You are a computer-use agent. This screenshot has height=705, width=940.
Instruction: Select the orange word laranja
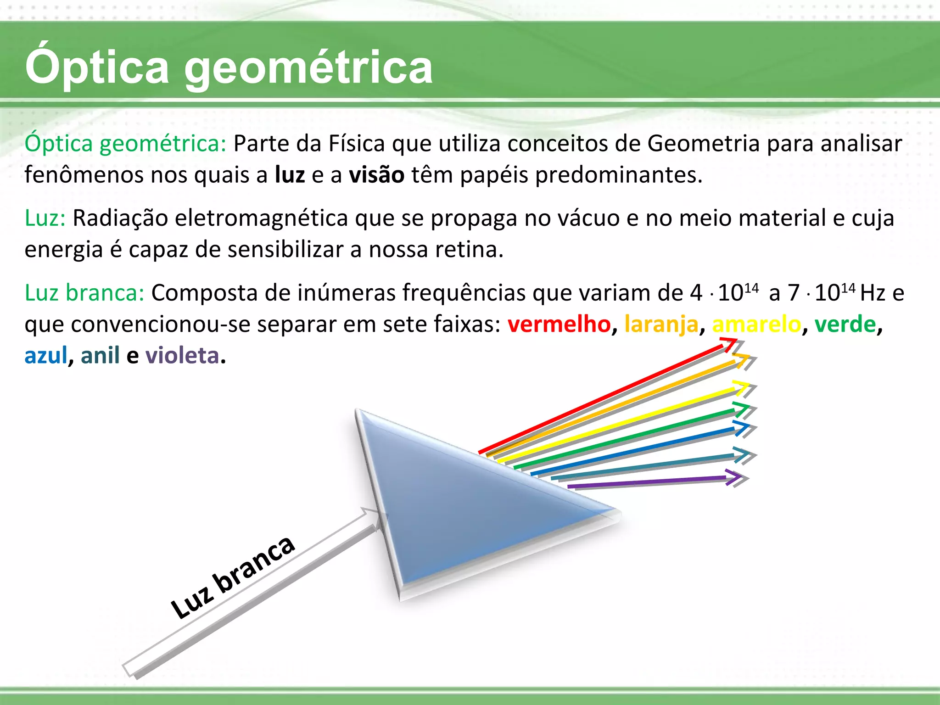(x=661, y=325)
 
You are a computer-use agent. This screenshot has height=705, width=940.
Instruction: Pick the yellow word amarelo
(x=756, y=325)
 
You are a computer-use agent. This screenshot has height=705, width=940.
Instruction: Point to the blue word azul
(x=46, y=356)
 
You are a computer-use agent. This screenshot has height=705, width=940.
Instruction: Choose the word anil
(x=100, y=356)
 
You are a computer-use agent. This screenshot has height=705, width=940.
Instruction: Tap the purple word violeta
(x=182, y=356)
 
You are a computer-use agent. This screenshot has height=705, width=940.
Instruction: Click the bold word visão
(x=376, y=175)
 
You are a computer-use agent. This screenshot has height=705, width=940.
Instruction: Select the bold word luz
(x=290, y=175)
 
